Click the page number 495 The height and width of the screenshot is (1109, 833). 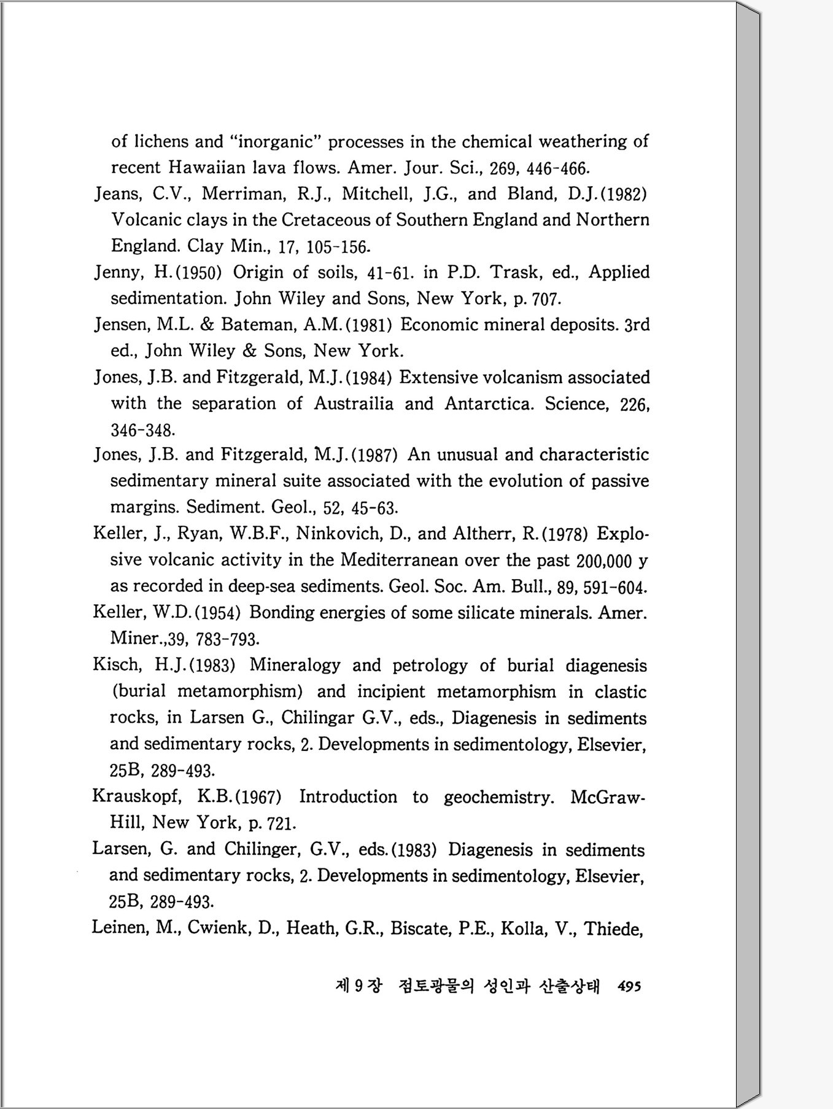(x=629, y=987)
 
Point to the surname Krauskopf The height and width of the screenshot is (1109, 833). (x=137, y=797)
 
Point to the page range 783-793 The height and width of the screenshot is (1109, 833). (x=227, y=639)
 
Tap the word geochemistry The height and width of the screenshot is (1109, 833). (x=498, y=797)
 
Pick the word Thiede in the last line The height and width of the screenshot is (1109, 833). (x=613, y=928)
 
